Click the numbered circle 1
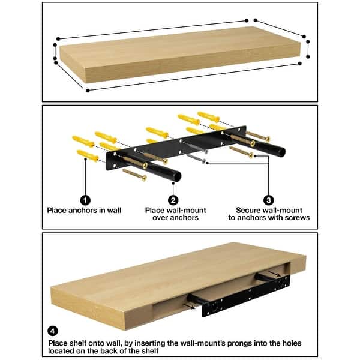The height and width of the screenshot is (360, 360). point(86,200)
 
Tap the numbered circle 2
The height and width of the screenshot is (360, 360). point(173,200)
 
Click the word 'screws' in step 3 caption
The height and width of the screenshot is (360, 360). point(297,218)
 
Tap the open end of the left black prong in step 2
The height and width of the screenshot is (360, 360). point(178,175)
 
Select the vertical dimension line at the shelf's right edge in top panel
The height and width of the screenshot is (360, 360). point(308,49)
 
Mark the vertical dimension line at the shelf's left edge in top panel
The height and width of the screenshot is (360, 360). point(55,53)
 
